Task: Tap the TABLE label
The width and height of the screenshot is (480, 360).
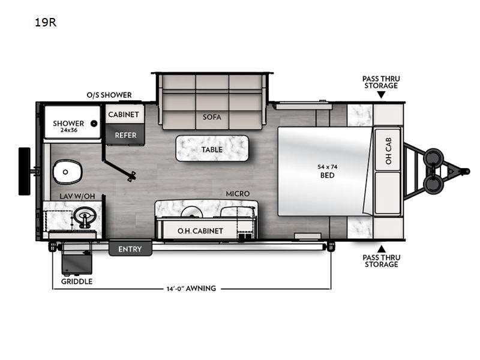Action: click(212, 149)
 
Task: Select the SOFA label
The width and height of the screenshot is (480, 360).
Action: click(211, 117)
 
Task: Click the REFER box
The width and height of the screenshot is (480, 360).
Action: click(126, 135)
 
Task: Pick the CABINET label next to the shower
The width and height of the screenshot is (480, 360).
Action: click(124, 114)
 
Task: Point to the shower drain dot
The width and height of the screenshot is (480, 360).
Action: click(94, 124)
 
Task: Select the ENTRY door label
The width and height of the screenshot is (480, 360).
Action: click(130, 248)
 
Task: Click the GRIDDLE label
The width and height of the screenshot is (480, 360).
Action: click(77, 281)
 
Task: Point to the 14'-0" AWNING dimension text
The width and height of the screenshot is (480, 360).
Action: click(191, 289)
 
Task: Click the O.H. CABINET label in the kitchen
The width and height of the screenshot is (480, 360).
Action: click(200, 230)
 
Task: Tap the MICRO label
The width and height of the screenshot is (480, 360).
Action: click(238, 194)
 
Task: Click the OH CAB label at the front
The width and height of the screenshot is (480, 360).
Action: click(389, 152)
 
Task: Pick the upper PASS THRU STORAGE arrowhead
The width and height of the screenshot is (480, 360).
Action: click(380, 94)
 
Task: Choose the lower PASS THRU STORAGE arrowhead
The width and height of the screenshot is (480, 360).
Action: click(380, 248)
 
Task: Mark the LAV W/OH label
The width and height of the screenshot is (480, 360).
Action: click(77, 196)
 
